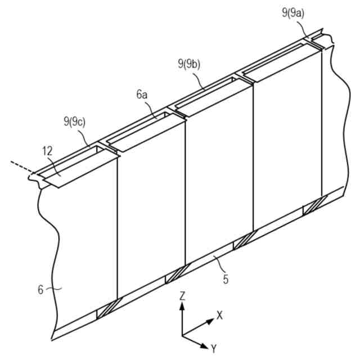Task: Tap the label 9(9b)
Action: (x=188, y=65)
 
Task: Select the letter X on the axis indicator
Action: (x=219, y=315)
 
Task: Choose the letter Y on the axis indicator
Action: (x=213, y=349)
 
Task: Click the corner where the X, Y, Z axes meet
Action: (x=182, y=335)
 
